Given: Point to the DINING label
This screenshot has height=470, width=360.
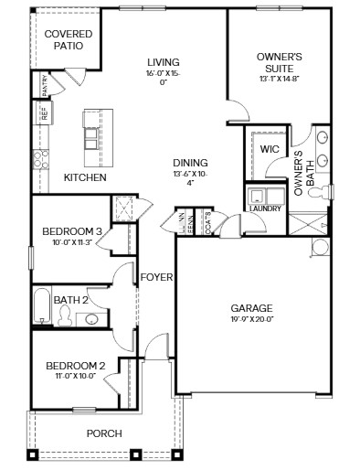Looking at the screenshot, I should click(x=189, y=162).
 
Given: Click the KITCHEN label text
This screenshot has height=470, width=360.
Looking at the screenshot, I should click(x=85, y=177).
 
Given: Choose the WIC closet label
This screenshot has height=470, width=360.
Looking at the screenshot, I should click(x=269, y=148).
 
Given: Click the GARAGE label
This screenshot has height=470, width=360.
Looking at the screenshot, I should click(x=251, y=308).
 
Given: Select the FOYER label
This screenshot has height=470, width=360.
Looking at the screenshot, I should click(x=156, y=276).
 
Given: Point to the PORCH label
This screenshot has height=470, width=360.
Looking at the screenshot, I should click(x=103, y=433).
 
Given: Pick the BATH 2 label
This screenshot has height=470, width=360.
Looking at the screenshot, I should click(x=69, y=299).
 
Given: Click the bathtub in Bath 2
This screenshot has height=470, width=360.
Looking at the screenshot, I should click(x=41, y=306).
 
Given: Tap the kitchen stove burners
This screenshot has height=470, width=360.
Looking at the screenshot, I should click(x=40, y=159).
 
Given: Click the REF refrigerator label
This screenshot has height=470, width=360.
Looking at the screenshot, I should click(x=42, y=112).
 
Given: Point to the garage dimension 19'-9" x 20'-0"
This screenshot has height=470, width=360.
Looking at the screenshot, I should click(x=251, y=320).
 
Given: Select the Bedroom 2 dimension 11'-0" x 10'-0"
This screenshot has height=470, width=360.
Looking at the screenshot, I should click(x=77, y=376).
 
